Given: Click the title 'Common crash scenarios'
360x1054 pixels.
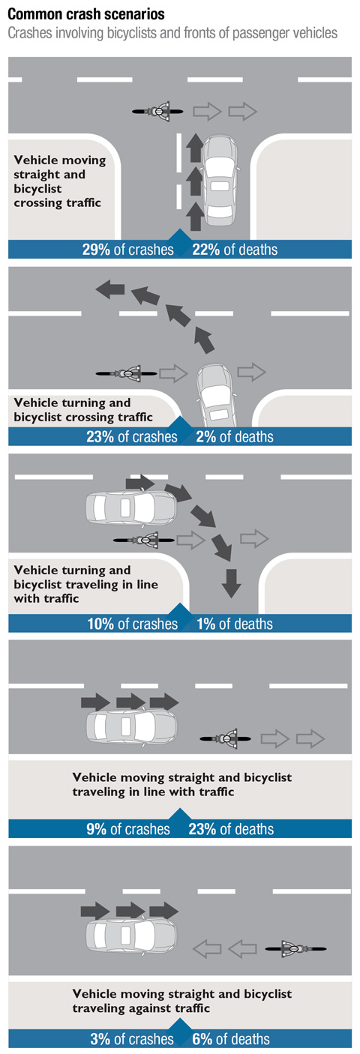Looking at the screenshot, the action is click(86, 14).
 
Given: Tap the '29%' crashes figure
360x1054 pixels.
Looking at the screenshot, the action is click(96, 250).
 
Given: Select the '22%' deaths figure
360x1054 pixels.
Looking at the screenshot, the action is click(205, 250).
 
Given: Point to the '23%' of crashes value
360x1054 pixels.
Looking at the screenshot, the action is click(100, 436).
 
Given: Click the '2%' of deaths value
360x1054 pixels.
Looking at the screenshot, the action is click(205, 436).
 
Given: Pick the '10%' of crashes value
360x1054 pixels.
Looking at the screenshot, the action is click(100, 624).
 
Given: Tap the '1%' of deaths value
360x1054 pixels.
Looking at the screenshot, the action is click(205, 624).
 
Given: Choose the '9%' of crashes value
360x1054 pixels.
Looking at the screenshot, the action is click(96, 829).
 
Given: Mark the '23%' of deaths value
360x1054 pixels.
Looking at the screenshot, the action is click(202, 829).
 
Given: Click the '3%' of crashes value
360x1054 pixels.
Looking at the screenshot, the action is click(100, 1039).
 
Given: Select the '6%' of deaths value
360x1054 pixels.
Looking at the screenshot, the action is click(202, 1039).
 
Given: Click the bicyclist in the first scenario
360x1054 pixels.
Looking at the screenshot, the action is click(157, 112).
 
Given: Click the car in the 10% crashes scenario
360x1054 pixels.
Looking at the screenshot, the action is click(130, 508).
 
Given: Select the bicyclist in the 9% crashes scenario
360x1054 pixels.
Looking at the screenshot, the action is click(225, 738).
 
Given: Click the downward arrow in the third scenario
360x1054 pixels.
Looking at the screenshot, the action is click(231, 583).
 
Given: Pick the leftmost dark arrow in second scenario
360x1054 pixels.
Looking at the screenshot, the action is click(110, 289).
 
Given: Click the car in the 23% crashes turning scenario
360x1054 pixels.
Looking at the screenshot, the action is click(216, 395).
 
